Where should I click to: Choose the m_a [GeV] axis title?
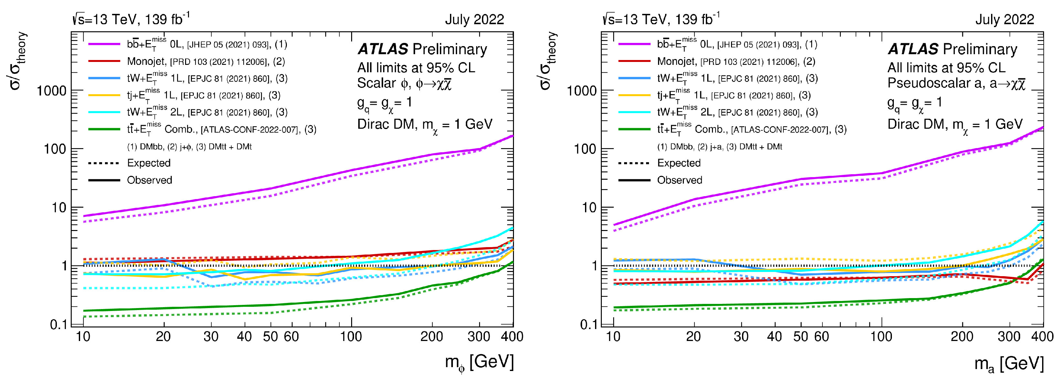1009,363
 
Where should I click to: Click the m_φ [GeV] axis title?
479,363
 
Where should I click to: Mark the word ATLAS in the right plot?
913,49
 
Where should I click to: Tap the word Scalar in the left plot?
376,83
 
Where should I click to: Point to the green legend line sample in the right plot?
634,129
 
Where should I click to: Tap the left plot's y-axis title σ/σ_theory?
18,61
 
